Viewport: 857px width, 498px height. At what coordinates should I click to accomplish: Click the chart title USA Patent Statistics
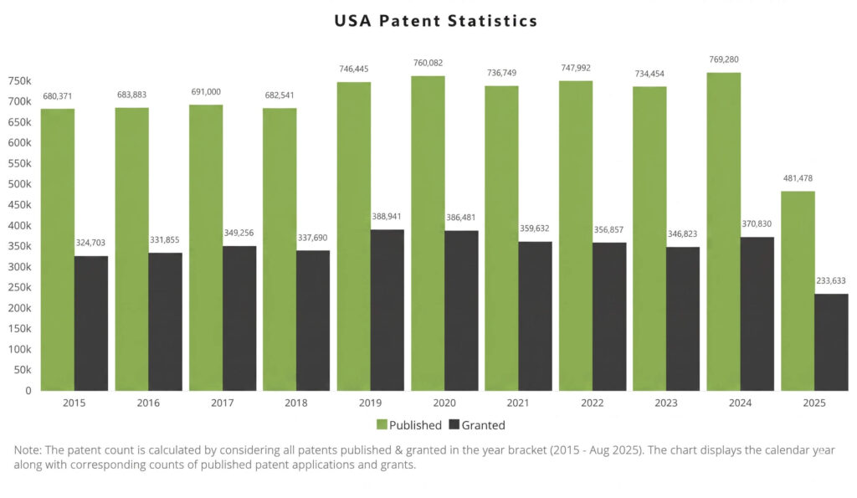click(x=435, y=21)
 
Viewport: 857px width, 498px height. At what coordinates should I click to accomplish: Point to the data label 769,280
click(x=723, y=59)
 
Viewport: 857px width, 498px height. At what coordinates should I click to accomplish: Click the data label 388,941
click(x=387, y=216)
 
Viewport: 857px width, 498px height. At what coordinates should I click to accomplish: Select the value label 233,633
click(x=831, y=280)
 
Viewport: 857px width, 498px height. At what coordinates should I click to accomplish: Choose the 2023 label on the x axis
click(x=666, y=403)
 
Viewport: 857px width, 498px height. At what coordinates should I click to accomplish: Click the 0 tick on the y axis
click(x=27, y=391)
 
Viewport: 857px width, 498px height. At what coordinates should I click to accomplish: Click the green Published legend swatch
click(x=382, y=425)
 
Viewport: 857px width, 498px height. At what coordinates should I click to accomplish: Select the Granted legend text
click(x=484, y=425)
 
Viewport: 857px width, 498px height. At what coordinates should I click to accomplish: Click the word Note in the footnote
click(x=28, y=450)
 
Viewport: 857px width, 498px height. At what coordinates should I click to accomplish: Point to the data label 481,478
click(x=797, y=178)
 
